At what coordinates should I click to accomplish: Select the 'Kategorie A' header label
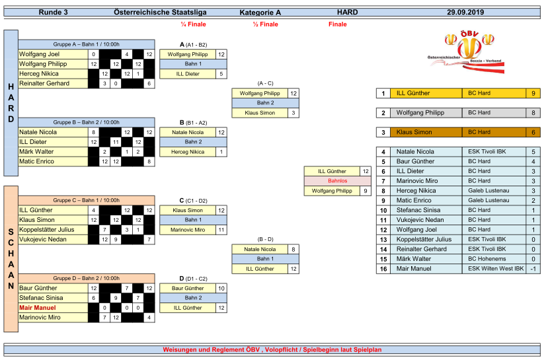click(x=260, y=12)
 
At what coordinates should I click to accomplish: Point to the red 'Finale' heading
click(x=337, y=24)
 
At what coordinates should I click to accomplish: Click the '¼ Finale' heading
click(x=193, y=24)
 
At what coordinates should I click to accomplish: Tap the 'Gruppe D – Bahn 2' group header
click(x=86, y=278)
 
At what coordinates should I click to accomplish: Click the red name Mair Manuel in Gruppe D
click(x=39, y=308)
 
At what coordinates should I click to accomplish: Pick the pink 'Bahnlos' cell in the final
click(x=337, y=181)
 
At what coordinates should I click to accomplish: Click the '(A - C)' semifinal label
click(x=265, y=83)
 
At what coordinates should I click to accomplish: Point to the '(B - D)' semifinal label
click(x=265, y=239)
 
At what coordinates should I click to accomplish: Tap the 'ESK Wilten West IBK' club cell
click(x=496, y=269)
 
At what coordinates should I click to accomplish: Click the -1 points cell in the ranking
click(x=533, y=269)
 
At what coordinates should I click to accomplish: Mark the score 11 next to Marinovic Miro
click(x=221, y=230)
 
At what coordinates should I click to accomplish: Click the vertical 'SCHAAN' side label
click(x=10, y=258)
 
